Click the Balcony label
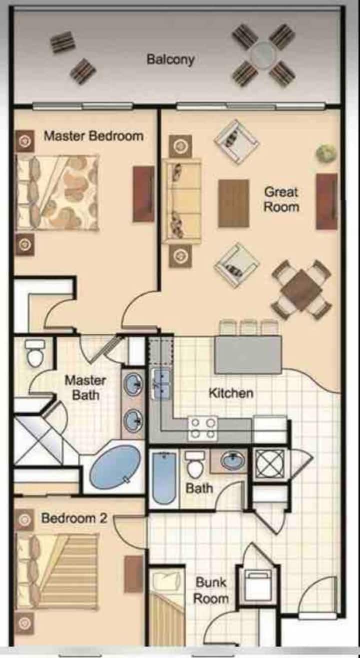coord(170,59)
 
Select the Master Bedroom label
coord(93,136)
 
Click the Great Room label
coord(281,199)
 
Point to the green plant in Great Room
coord(325,152)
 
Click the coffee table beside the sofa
coord(233,203)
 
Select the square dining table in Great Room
coord(301,290)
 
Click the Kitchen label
coord(231,393)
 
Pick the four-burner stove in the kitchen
coord(203,429)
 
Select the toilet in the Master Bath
coord(35,353)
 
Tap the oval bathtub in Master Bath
coord(115,467)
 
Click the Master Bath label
coord(85,388)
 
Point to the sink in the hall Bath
coord(232,461)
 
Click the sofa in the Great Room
coord(182,201)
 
